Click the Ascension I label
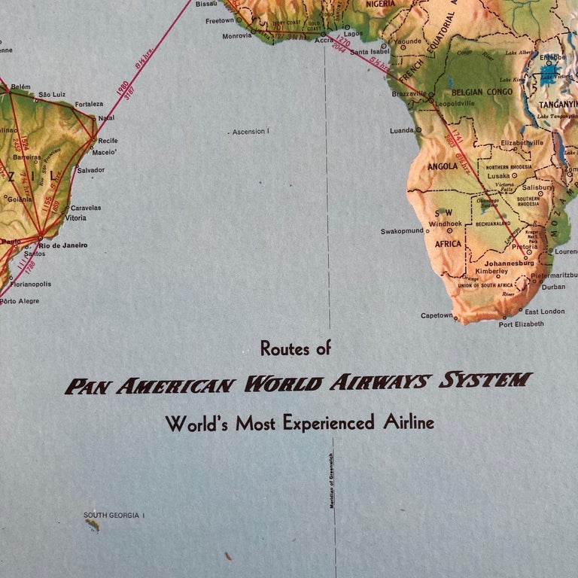pos(250,132)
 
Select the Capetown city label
pos(437,315)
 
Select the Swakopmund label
pos(402,231)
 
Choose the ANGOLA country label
pos(442,166)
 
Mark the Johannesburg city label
pos(509,263)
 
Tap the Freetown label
pos(220,21)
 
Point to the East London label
pos(544,312)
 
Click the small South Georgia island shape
pos(92,525)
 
